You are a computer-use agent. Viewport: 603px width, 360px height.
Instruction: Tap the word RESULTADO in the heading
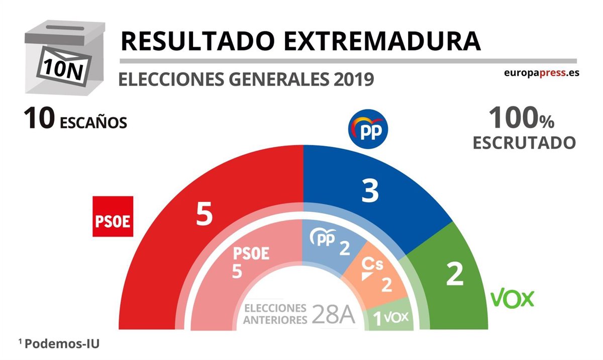point(197,41)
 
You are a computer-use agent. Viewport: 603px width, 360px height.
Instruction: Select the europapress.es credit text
point(542,72)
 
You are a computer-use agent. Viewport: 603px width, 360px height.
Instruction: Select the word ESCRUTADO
point(524,143)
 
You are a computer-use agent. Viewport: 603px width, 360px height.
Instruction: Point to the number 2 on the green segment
point(455,275)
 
